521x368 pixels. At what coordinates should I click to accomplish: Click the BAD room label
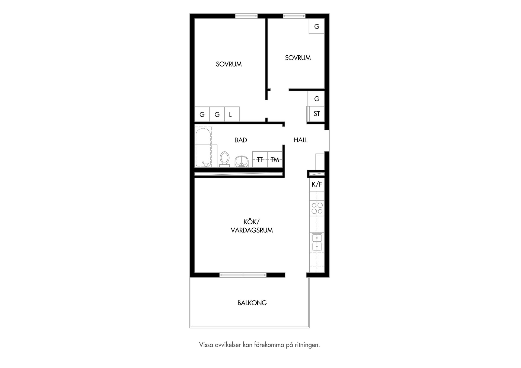tap(241, 140)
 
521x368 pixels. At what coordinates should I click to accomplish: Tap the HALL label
tap(301, 140)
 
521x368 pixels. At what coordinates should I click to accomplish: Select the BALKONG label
tap(252, 303)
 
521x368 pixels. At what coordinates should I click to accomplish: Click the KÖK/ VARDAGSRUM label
tap(252, 226)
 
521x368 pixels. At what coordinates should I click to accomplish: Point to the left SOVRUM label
tap(229, 64)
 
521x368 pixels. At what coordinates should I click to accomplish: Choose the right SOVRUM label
tap(298, 58)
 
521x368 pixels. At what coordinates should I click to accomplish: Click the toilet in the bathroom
tap(224, 159)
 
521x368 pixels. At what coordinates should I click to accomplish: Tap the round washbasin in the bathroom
tap(242, 161)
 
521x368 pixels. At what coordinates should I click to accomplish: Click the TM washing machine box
tap(275, 159)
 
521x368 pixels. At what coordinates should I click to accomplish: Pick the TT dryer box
tap(260, 159)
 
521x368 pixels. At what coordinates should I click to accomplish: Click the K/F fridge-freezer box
tap(317, 184)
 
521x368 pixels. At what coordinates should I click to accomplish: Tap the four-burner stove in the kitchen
tap(317, 208)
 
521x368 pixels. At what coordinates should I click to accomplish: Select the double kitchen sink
tap(317, 242)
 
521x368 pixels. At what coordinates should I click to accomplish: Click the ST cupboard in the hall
tap(317, 114)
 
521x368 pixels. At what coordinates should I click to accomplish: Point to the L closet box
tap(232, 114)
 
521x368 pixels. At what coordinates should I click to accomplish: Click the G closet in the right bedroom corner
tap(317, 26)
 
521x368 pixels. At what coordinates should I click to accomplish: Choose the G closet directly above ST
tap(317, 99)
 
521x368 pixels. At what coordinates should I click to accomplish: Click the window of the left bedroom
tap(246, 16)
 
